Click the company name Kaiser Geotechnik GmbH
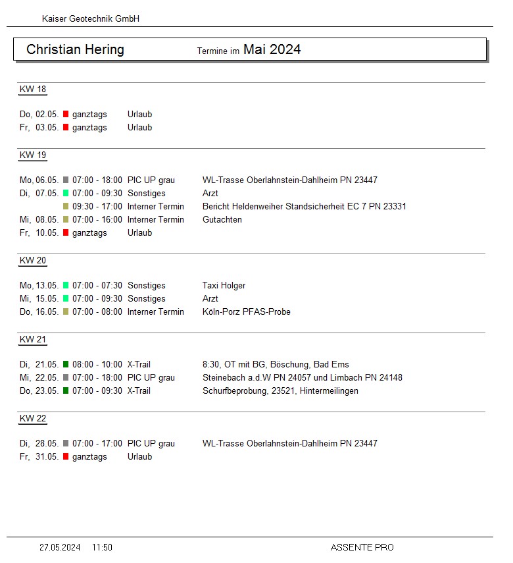(90, 19)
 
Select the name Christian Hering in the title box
(75, 49)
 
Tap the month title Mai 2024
(272, 49)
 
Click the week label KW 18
(33, 90)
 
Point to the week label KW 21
(33, 340)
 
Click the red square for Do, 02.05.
(66, 115)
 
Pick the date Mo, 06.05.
(39, 180)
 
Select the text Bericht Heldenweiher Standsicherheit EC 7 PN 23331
(304, 207)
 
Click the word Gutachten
(222, 220)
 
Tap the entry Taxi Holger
(224, 286)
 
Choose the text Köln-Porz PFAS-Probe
(246, 312)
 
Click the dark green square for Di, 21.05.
(66, 365)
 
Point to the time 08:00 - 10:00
(97, 365)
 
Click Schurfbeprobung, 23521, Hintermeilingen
(280, 391)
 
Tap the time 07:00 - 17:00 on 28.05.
(97, 444)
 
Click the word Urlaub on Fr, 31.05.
(139, 457)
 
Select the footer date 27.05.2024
(60, 547)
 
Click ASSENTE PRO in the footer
(362, 547)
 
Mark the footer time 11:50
(102, 547)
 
